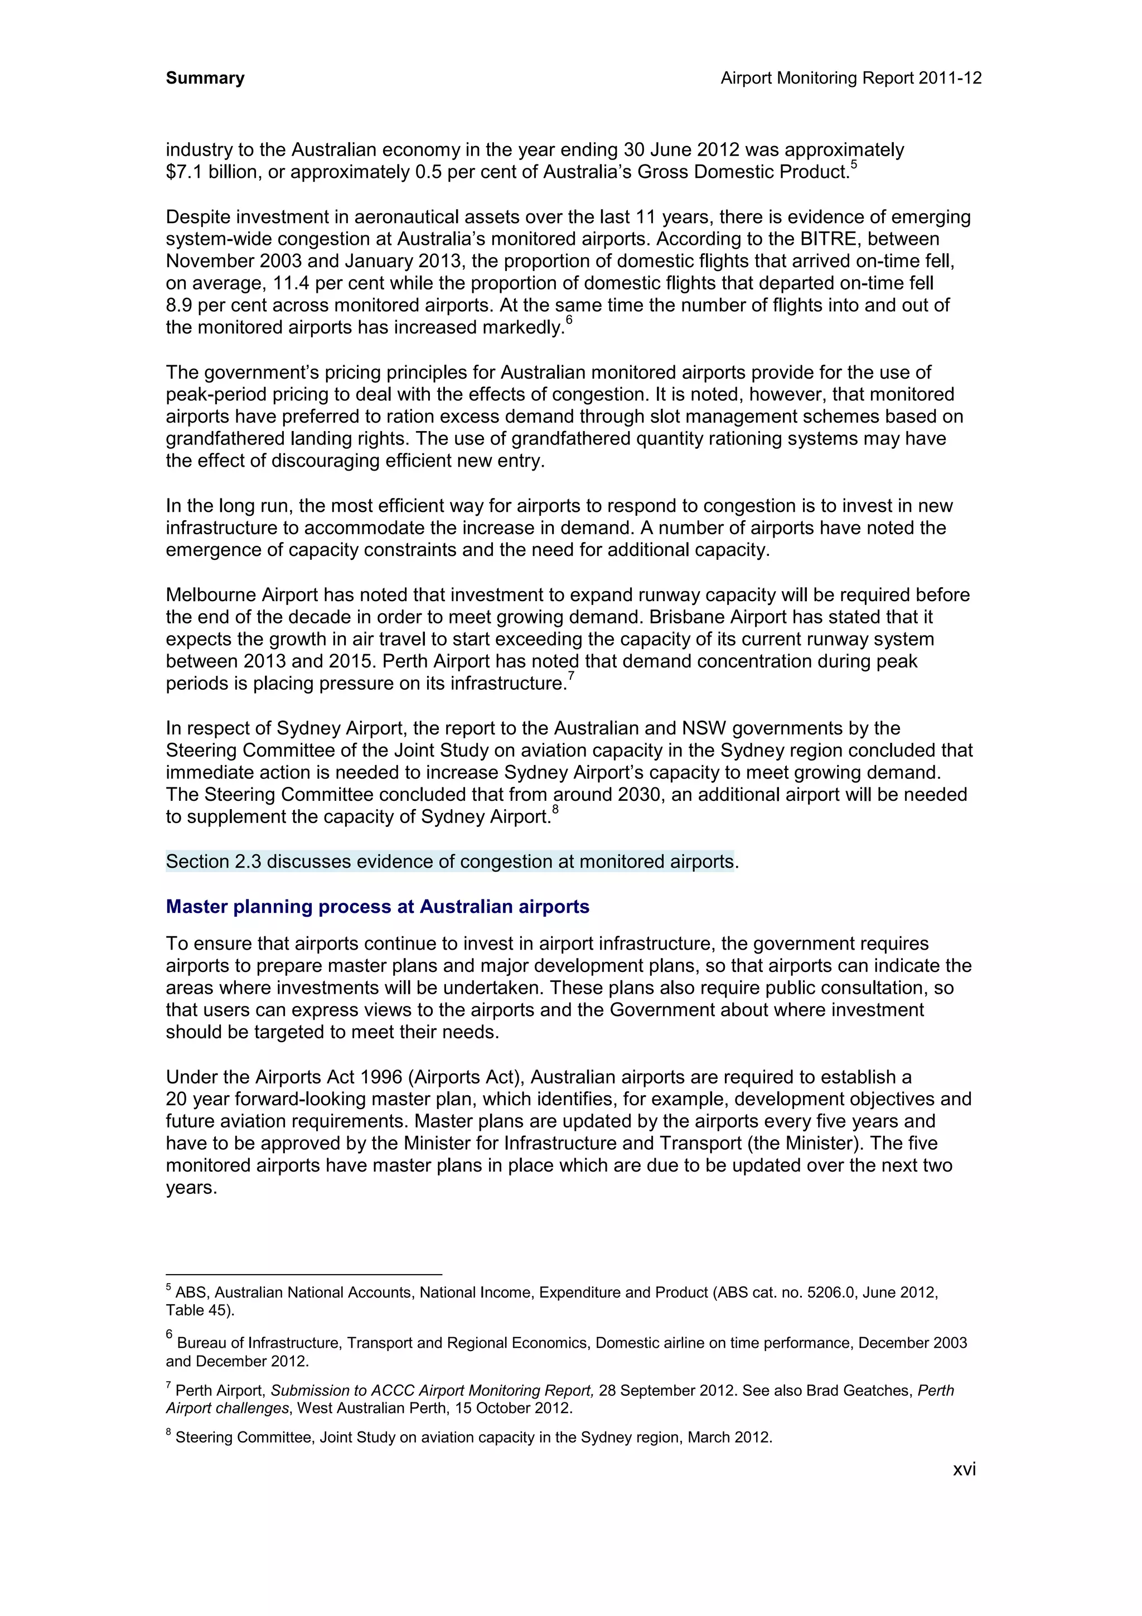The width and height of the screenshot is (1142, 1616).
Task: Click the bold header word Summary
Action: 205,78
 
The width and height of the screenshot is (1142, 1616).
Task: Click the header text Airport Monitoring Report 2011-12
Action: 851,78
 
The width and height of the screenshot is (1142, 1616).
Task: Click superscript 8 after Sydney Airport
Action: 555,810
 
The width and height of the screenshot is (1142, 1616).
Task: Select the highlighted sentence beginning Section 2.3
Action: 451,862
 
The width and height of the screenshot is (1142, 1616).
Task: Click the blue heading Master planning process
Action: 377,907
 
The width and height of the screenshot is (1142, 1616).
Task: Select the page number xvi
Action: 964,1469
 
